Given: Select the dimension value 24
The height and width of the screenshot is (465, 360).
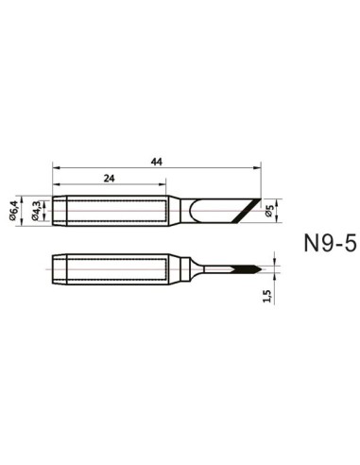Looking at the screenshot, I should click(x=110, y=178).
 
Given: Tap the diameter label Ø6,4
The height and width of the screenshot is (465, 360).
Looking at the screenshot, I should click(x=14, y=210).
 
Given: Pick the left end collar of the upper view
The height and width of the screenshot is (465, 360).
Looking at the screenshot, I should click(x=59, y=209).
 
